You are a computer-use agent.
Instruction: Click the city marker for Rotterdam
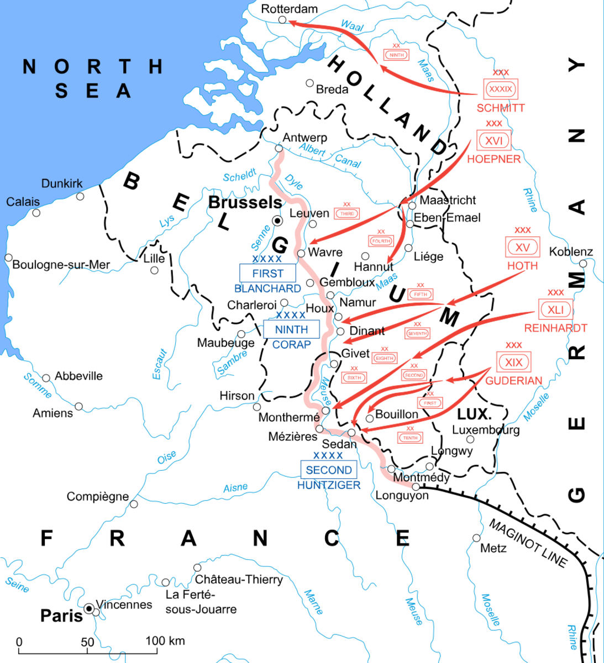[282, 20]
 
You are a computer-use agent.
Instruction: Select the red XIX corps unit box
[513, 362]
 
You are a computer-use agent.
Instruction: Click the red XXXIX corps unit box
[501, 89]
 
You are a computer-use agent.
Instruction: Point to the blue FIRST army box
[267, 273]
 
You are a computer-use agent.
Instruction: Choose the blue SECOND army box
[329, 470]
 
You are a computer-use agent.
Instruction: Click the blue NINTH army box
[291, 329]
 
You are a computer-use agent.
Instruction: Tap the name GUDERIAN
[513, 381]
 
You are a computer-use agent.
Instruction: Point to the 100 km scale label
[165, 641]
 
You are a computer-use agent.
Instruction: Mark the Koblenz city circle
[583, 264]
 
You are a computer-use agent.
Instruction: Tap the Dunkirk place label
[62, 183]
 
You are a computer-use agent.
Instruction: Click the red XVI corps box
[493, 140]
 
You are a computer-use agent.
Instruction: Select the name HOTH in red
[522, 266]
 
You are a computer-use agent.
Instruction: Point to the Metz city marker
[476, 538]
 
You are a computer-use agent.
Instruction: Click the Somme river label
[38, 385]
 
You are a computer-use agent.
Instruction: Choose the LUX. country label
[474, 414]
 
